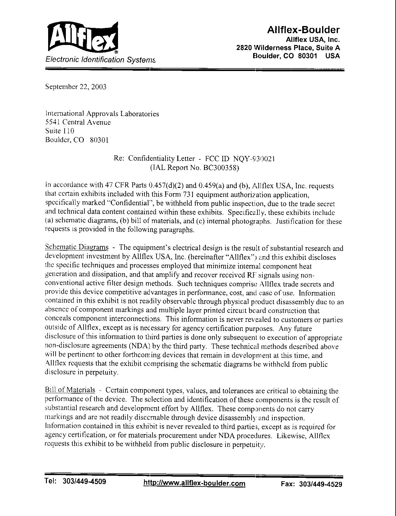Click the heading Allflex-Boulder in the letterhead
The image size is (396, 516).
point(303,30)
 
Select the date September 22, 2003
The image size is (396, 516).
point(76,87)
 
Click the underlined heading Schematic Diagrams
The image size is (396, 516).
point(77,247)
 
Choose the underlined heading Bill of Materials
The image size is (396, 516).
point(70,390)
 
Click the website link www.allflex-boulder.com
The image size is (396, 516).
point(194,483)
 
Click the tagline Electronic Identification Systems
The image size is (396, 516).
point(100,60)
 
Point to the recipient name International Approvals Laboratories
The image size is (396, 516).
point(102,114)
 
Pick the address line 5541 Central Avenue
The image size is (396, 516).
point(78,122)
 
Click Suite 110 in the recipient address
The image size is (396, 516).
point(60,131)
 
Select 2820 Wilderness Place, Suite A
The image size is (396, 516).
point(288,48)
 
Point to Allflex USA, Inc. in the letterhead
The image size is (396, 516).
point(312,40)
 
